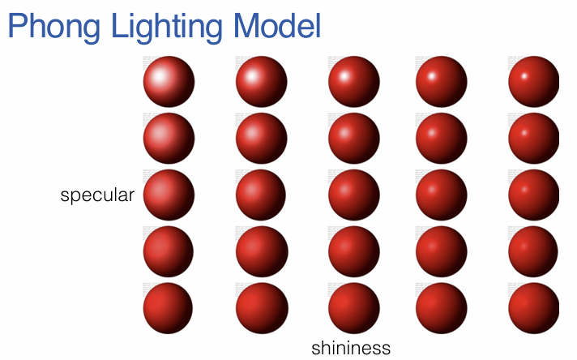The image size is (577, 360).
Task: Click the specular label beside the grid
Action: point(97,195)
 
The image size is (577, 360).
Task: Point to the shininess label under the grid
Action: point(351,348)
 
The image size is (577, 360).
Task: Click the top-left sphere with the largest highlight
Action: point(169,82)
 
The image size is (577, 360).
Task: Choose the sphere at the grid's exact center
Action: point(353,195)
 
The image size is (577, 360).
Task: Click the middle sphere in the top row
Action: point(353,82)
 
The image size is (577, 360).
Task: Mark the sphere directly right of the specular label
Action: point(169,195)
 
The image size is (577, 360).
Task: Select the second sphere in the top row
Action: point(261,82)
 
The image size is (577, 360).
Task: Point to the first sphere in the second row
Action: point(169,139)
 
